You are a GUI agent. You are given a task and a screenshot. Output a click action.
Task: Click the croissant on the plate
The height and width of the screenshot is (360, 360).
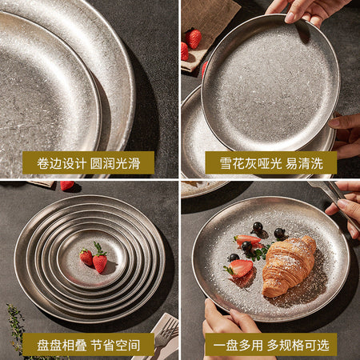click(x=289, y=266)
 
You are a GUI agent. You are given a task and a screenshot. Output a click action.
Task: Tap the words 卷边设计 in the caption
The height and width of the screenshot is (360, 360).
click(x=62, y=163)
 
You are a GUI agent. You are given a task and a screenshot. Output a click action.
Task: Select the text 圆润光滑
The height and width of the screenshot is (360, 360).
click(x=115, y=163)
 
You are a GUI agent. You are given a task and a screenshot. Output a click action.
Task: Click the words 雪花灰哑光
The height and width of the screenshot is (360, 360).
click(x=250, y=163)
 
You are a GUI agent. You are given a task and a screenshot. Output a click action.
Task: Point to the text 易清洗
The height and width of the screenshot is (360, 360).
click(x=304, y=163)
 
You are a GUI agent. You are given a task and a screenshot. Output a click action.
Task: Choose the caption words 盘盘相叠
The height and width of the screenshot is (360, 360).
click(x=62, y=346)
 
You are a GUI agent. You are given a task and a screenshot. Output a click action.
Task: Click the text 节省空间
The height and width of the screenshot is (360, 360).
click(x=115, y=346)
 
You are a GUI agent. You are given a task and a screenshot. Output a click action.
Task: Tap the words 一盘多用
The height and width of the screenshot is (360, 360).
click(x=238, y=346)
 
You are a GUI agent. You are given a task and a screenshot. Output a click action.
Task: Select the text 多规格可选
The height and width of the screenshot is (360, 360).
click(x=298, y=346)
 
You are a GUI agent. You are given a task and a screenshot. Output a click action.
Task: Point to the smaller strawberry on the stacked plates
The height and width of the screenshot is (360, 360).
click(x=86, y=258)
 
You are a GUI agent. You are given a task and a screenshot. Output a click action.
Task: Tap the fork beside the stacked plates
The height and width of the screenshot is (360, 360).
click(x=166, y=334)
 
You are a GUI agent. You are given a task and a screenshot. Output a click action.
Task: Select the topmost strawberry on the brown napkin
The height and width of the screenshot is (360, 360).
click(x=194, y=38)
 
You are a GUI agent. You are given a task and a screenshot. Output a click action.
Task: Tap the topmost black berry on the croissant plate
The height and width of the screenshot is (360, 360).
click(x=258, y=227)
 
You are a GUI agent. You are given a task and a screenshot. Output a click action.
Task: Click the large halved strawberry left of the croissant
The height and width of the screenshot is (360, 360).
click(x=240, y=268)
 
